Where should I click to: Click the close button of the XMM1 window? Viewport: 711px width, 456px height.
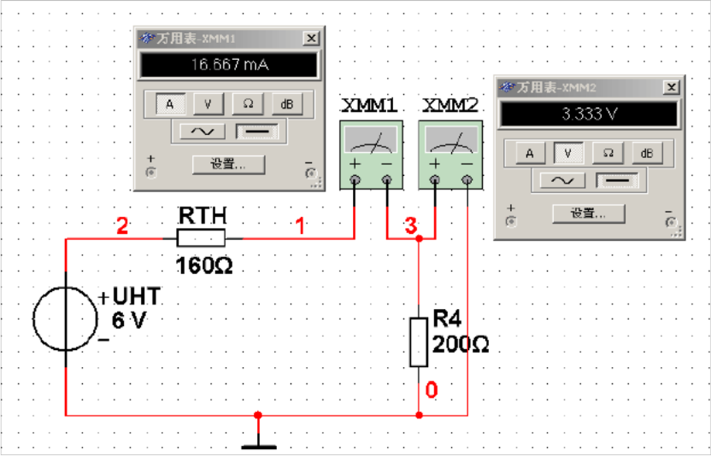click(x=311, y=38)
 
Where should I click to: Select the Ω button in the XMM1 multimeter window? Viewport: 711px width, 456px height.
click(x=247, y=104)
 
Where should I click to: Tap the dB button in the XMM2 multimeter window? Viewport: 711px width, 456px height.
click(x=647, y=154)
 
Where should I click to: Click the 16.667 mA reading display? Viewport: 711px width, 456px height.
click(x=229, y=65)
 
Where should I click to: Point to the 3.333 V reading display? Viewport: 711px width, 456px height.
click(x=589, y=115)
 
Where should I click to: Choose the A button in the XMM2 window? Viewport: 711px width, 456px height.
click(x=529, y=154)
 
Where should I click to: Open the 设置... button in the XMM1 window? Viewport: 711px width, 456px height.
click(x=228, y=164)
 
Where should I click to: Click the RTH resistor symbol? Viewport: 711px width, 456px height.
click(x=201, y=239)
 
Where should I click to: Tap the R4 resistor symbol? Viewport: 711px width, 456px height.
click(x=418, y=342)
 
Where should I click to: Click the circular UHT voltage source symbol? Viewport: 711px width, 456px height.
click(x=65, y=319)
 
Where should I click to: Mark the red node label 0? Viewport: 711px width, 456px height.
click(x=432, y=390)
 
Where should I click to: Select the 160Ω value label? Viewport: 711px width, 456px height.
click(x=204, y=266)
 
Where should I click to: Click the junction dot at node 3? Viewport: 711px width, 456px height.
click(x=419, y=239)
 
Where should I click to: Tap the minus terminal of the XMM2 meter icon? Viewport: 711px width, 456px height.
click(x=467, y=179)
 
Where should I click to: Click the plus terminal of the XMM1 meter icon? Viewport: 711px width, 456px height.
click(x=355, y=179)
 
